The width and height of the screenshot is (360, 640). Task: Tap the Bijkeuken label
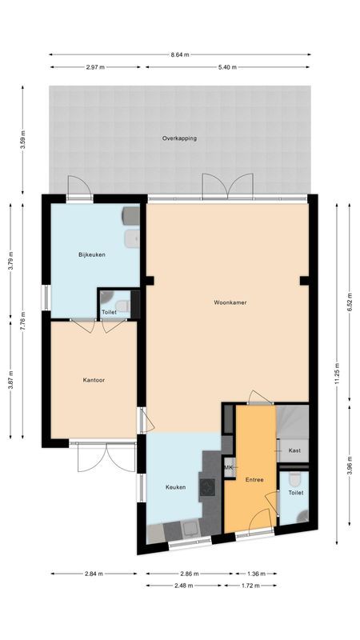[x=92, y=254]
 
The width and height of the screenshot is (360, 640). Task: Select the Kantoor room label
[x=94, y=379]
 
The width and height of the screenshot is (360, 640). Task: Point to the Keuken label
[x=176, y=487]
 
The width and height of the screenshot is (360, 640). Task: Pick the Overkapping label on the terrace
[x=179, y=138]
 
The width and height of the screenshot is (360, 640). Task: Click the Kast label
[x=294, y=451]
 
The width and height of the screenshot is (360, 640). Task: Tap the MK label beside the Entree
[x=228, y=467]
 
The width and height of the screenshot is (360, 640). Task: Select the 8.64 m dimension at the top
[x=180, y=54]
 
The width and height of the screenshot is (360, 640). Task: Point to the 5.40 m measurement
[x=227, y=66]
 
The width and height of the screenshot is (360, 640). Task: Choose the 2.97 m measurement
[x=96, y=66]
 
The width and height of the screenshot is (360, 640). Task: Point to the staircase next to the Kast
[x=293, y=422]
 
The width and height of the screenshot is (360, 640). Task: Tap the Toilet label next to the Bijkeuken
[x=109, y=312]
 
